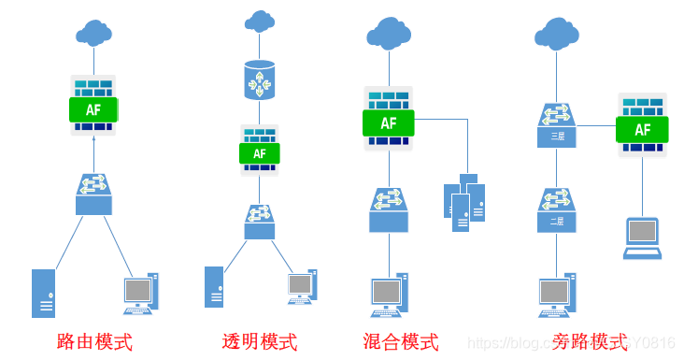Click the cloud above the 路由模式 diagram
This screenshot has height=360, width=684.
point(93,34)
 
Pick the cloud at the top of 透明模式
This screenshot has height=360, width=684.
point(260,20)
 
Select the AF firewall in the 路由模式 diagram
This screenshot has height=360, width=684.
point(93,105)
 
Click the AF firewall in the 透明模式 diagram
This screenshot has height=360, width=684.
point(259,151)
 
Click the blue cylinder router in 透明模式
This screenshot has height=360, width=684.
point(259,80)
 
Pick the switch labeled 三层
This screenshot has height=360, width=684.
point(557,125)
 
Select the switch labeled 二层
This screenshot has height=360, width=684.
point(557,210)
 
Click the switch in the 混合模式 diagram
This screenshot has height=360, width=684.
point(389,210)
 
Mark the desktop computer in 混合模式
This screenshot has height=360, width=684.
point(389,294)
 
